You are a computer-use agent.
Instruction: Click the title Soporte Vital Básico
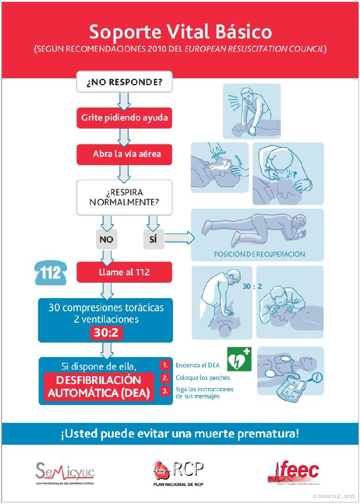point(180,32)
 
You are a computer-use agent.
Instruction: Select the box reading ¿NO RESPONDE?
point(124,82)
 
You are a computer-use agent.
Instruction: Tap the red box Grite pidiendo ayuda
point(124,118)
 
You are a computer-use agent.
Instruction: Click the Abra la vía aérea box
point(124,154)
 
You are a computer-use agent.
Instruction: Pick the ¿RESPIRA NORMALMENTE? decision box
point(124,197)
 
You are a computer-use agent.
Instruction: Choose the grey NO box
point(107,240)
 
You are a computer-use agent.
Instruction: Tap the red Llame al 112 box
point(124,272)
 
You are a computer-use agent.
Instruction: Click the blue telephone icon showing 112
point(51,272)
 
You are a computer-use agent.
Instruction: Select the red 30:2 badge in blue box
point(107,333)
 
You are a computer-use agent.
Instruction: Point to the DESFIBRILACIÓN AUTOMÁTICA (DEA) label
point(99,387)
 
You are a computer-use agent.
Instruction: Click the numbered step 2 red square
point(165,378)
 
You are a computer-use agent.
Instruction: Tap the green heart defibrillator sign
point(239,359)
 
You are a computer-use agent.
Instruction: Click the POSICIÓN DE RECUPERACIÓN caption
point(259,254)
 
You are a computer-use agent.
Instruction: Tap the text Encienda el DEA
point(197,365)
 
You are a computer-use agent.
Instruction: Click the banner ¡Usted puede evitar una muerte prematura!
point(180,433)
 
